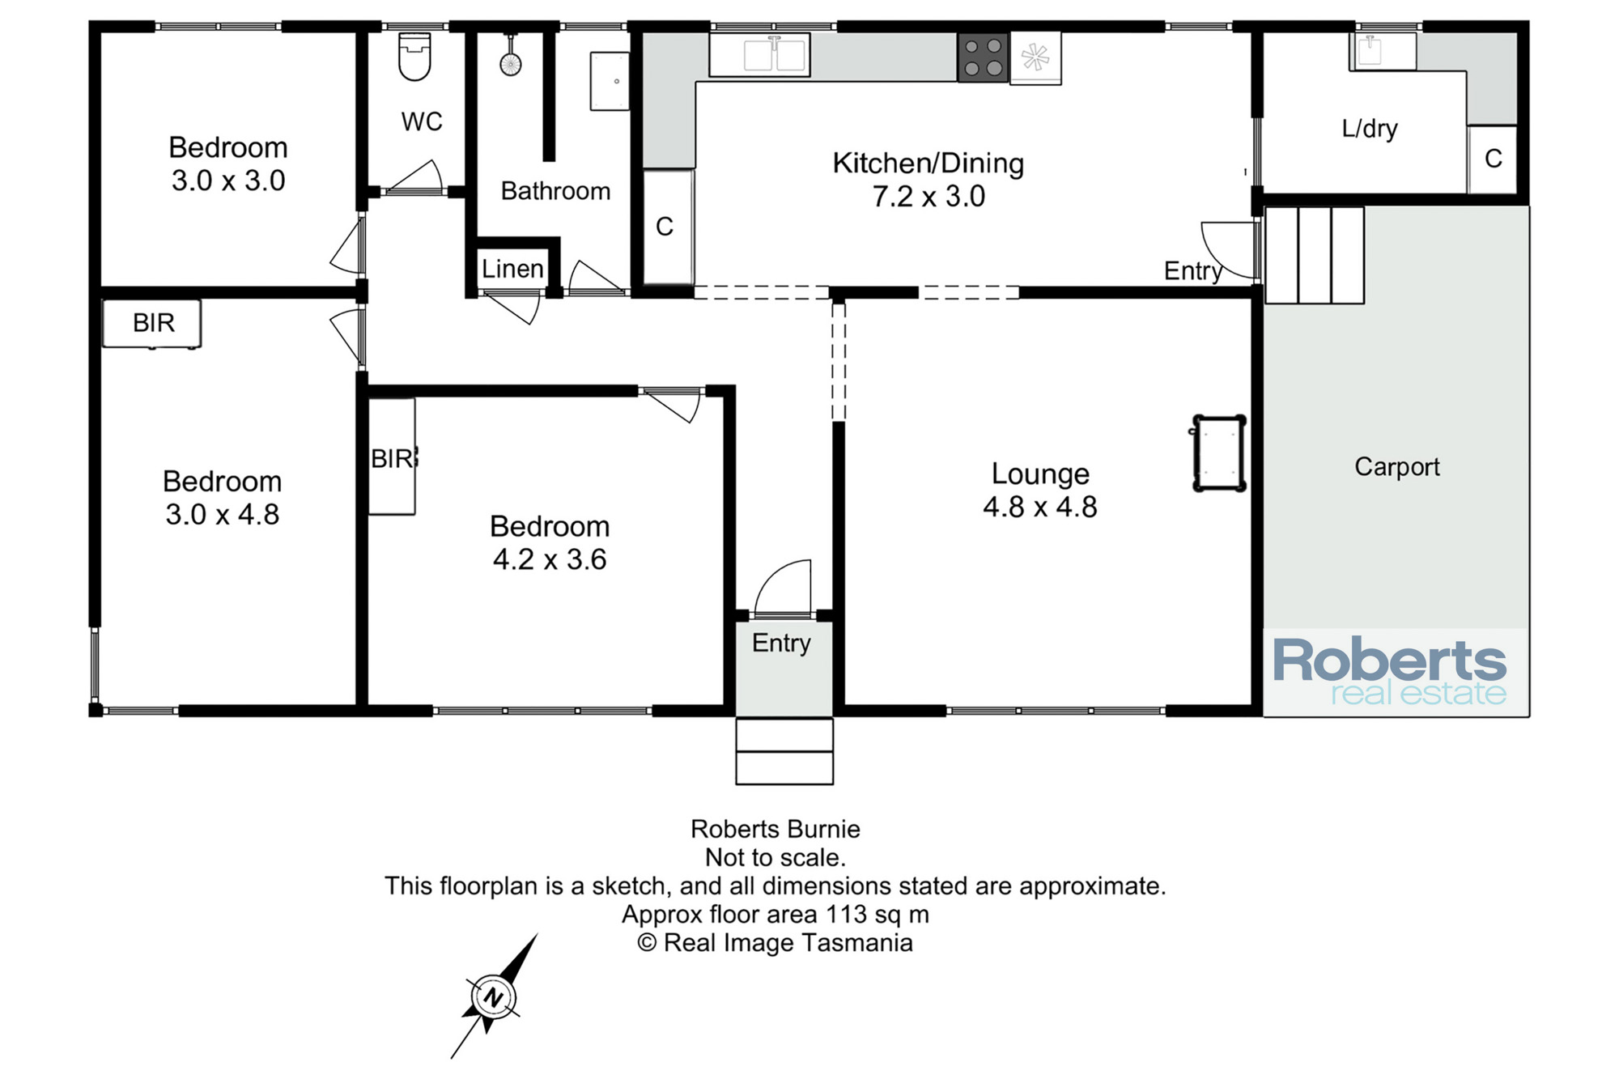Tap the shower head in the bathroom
click(510, 63)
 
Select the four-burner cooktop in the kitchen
click(983, 57)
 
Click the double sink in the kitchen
click(759, 55)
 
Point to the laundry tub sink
click(1383, 51)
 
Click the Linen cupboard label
click(512, 269)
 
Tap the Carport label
click(1397, 467)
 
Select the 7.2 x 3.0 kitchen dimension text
click(928, 197)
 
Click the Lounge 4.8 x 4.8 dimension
click(1040, 507)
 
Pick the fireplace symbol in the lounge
click(1219, 453)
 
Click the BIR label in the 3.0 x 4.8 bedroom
click(154, 323)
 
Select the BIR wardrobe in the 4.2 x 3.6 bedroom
click(393, 457)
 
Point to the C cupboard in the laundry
click(1493, 159)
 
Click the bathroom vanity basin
click(610, 81)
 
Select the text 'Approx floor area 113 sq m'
click(776, 915)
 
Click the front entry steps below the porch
click(784, 751)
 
